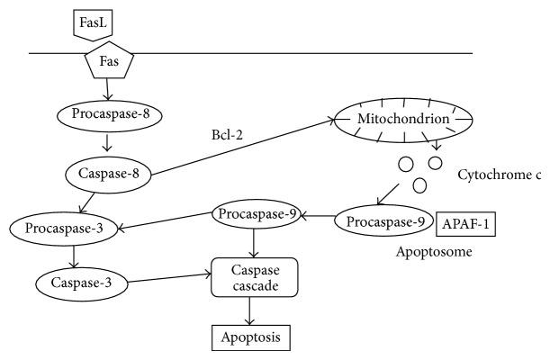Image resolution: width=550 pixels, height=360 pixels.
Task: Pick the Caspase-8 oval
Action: coord(107,173)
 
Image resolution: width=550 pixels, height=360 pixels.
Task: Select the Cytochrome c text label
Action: coord(500,173)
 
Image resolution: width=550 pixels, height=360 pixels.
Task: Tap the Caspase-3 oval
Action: coord(80,284)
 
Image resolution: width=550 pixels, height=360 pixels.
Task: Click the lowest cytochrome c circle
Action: coord(419,185)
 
